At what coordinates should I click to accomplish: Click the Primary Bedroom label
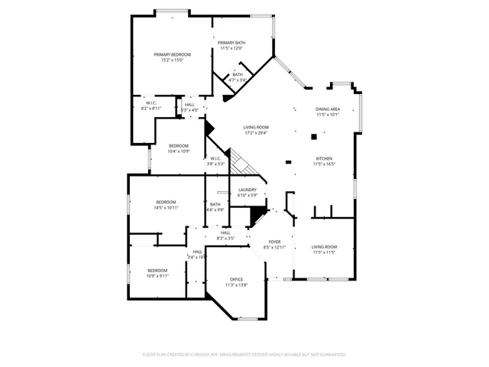click(x=172, y=54)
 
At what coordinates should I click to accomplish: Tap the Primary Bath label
click(x=231, y=43)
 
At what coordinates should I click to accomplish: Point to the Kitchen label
click(x=324, y=158)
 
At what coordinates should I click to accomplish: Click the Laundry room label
click(x=247, y=190)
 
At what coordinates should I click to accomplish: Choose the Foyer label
click(x=274, y=242)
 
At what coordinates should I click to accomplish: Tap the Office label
click(x=237, y=280)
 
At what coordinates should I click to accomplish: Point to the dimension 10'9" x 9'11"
click(x=157, y=276)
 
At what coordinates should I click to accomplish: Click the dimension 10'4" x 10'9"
click(x=179, y=151)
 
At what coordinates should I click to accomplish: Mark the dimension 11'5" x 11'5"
click(x=324, y=252)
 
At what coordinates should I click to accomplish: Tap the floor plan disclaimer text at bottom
click(x=244, y=355)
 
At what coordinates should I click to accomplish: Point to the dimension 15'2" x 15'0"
click(x=172, y=60)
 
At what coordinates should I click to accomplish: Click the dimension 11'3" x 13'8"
click(x=237, y=285)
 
